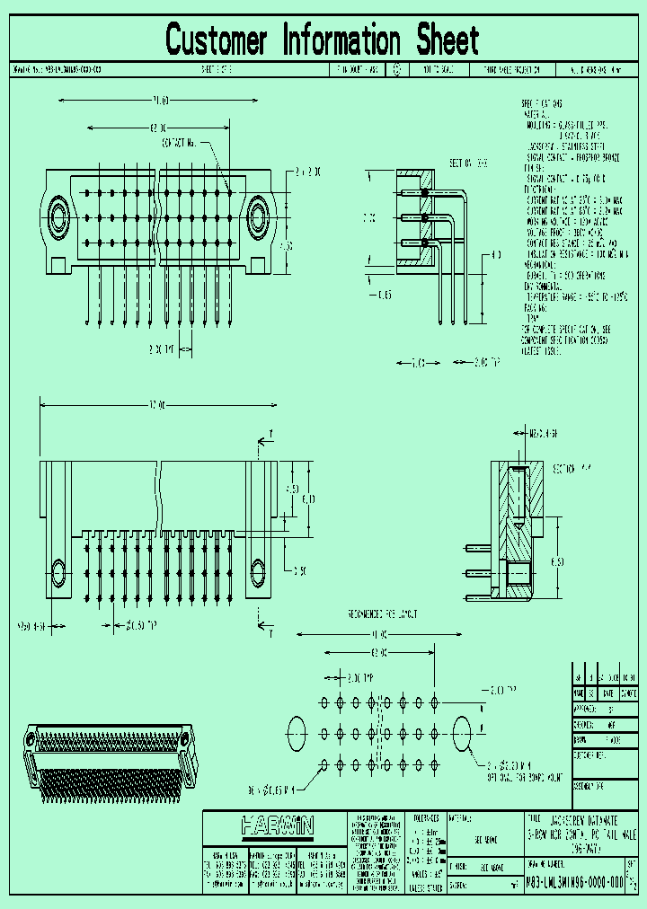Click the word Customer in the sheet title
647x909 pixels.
coord(217,40)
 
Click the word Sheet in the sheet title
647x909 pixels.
coord(448,40)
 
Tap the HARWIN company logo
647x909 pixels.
coord(276,825)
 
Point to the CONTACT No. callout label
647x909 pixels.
coord(179,143)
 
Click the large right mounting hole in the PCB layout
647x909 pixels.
coord(463,732)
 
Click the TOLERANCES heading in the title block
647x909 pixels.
coord(428,818)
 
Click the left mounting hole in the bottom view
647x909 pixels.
coord(58,571)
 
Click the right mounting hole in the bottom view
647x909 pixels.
coord(258,571)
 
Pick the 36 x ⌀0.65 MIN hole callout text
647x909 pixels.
coord(274,790)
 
